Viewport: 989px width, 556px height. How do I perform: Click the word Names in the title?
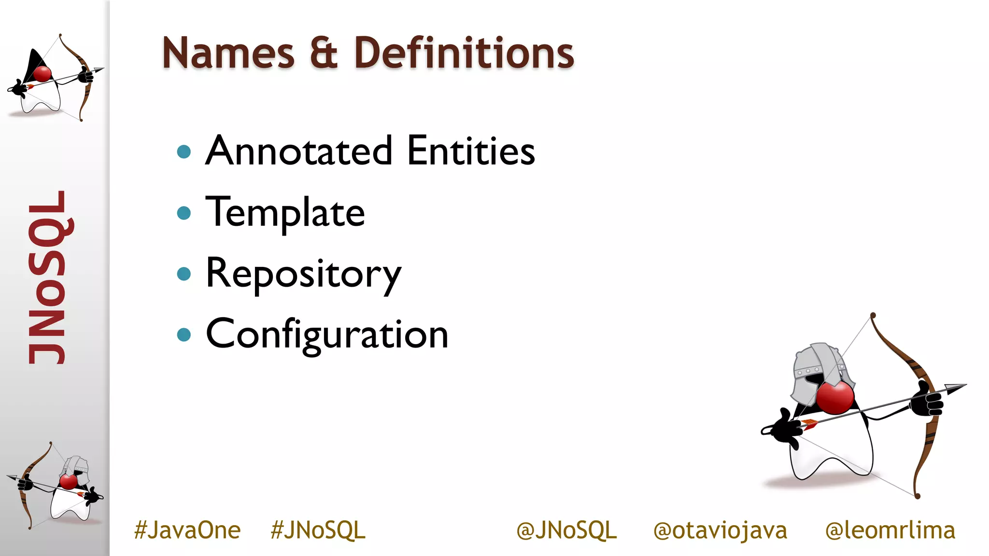[x=228, y=53]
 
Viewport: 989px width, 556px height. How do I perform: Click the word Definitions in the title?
[x=464, y=53]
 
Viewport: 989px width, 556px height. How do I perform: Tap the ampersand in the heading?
[x=324, y=53]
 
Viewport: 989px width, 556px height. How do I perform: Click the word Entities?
[x=471, y=151]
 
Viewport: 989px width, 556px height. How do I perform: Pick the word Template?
[x=285, y=213]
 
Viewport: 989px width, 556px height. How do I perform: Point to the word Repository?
[x=303, y=274]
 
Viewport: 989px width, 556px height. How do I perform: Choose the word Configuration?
[x=327, y=335]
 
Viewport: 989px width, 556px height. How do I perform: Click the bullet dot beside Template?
[x=184, y=213]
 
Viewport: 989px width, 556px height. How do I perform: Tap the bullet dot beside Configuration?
[x=184, y=334]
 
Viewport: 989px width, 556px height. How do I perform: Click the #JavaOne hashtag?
[x=187, y=530]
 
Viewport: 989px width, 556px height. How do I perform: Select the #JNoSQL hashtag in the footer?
[x=318, y=530]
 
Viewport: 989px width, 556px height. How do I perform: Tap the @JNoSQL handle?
[x=566, y=530]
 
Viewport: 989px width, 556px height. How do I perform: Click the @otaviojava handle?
[x=720, y=530]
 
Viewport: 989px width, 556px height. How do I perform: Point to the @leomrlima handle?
[x=890, y=530]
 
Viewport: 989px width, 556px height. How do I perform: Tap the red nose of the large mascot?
[x=834, y=397]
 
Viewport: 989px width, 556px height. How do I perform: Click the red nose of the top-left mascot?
[x=42, y=74]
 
